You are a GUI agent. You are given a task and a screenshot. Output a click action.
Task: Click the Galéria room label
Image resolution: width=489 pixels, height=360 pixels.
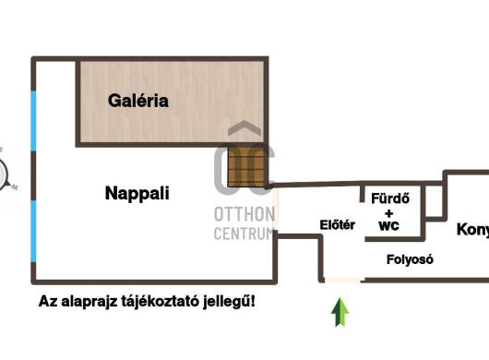click(138, 101)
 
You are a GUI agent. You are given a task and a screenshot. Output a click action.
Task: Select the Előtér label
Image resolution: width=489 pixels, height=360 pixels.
click(338, 224)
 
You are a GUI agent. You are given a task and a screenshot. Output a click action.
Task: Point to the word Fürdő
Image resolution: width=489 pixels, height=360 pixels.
click(389, 198)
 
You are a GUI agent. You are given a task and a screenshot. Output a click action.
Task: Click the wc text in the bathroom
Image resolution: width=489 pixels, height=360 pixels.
click(389, 225)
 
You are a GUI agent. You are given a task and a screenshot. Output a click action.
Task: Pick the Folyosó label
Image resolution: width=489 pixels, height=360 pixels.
click(409, 259)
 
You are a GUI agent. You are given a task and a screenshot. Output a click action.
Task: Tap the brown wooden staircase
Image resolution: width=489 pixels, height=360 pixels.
click(246, 168)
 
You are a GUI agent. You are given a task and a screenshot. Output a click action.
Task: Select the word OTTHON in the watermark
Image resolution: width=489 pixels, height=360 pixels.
click(244, 215)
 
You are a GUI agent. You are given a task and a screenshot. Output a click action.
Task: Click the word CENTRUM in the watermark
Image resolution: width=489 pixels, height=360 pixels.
click(244, 234)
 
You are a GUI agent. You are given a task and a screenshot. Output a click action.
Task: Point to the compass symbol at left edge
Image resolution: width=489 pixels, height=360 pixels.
click(5, 173)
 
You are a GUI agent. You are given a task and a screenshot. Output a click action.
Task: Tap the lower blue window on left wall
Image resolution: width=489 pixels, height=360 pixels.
click(34, 231)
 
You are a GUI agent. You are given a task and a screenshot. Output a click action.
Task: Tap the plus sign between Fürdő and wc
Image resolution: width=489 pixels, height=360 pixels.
click(389, 211)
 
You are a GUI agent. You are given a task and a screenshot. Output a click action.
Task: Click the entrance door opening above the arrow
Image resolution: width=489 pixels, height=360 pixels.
click(341, 280)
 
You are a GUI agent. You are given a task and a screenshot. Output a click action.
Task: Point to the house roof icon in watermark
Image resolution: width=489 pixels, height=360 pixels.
click(244, 132)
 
